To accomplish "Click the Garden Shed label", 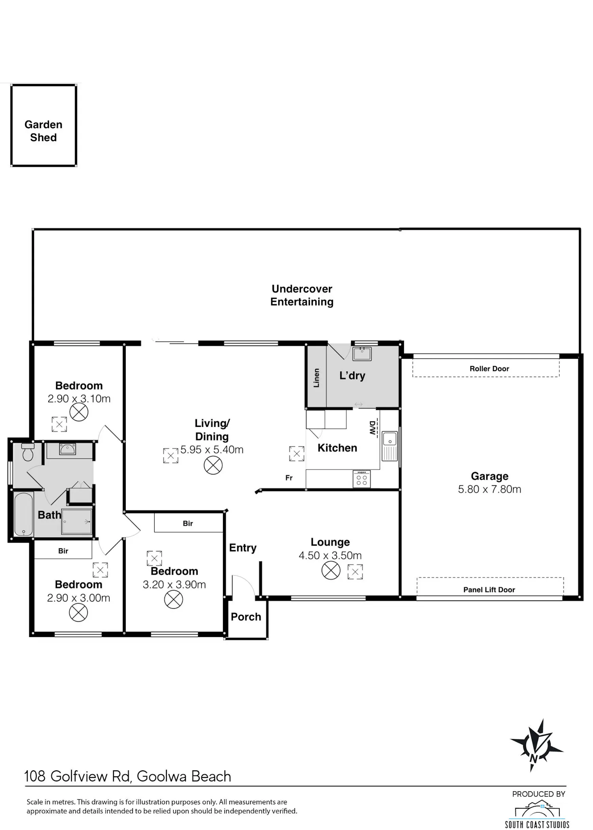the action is click(43, 131).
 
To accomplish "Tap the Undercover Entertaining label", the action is click(302, 295).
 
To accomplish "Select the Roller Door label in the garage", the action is click(489, 369).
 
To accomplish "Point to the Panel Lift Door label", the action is click(489, 590).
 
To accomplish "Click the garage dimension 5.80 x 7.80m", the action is click(489, 489).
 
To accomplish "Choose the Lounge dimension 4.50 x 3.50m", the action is click(330, 555).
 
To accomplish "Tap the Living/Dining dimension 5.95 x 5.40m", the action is click(212, 449).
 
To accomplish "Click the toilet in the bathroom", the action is click(28, 452).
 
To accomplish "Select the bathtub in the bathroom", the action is click(23, 514).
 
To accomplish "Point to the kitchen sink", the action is click(390, 446).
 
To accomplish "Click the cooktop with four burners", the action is click(362, 479).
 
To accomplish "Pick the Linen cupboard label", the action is click(316, 378).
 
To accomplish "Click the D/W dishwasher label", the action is click(372, 428).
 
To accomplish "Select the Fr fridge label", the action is click(289, 478).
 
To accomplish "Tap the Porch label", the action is click(246, 617).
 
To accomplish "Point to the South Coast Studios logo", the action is click(537, 813).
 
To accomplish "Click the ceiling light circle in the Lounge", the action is click(331, 571).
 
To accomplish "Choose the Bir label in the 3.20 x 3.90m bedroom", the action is click(188, 524).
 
